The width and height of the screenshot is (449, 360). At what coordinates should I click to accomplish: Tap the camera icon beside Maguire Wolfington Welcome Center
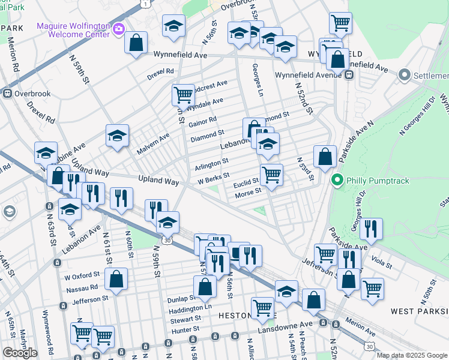119,28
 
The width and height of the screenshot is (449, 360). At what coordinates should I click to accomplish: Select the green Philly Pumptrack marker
337,179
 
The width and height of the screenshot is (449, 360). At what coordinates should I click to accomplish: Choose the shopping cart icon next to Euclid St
271,175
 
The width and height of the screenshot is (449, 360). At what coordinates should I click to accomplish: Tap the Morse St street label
248,193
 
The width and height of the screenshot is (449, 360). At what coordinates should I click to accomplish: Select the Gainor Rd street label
202,122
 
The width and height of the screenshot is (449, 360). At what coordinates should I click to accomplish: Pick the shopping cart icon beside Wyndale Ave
183,94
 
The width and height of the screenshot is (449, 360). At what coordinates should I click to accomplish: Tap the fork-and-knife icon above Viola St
372,229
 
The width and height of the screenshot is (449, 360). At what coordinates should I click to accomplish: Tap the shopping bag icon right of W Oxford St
116,278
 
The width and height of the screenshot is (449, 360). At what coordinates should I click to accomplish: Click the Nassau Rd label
81,288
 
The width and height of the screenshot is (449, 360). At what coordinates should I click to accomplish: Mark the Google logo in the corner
20,353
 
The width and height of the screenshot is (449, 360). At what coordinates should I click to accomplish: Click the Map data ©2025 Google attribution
412,355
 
